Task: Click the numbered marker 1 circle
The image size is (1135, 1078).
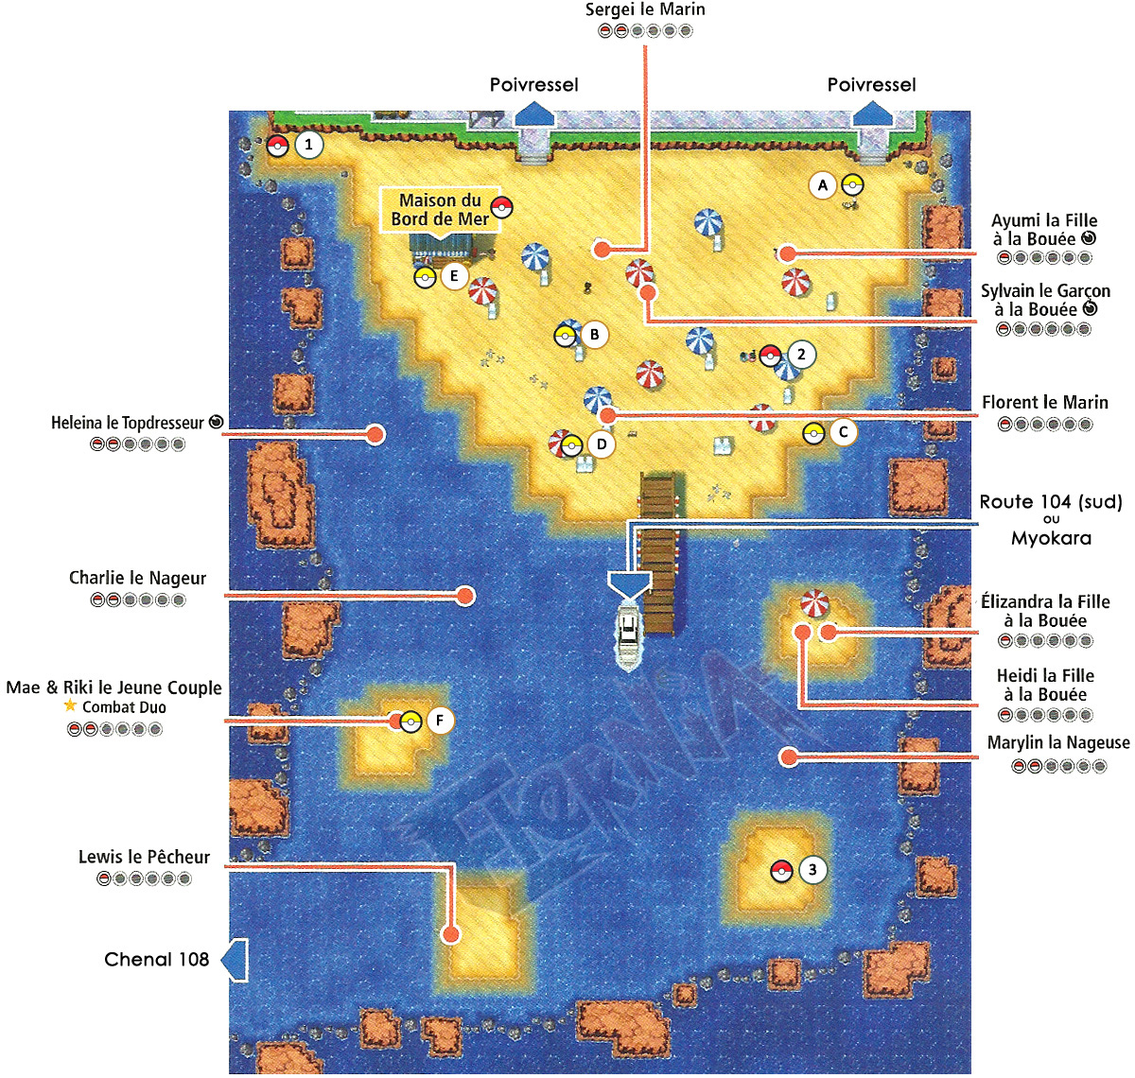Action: pos(308,145)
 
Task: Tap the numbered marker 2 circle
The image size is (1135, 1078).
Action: pos(801,355)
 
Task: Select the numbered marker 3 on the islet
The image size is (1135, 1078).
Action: pos(812,870)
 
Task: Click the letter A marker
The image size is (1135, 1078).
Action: pos(823,185)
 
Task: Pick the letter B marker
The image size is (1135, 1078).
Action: pos(594,334)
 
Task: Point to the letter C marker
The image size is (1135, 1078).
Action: pos(843,433)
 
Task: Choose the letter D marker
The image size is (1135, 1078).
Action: pos(601,443)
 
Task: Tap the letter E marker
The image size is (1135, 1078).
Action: pos(454,276)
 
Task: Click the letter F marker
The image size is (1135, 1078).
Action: pos(439,721)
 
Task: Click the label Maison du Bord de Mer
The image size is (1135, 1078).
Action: pos(440,210)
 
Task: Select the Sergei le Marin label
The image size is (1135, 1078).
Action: pos(645,10)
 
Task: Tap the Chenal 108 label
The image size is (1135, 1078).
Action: pos(156,960)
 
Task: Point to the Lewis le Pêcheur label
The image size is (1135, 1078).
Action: pos(144,858)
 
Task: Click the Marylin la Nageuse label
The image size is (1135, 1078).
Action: pos(1058,743)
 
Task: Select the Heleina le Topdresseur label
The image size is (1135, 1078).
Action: pos(128,423)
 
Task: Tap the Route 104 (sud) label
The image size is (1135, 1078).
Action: pos(1051,502)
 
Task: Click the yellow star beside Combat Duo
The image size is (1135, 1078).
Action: pos(70,706)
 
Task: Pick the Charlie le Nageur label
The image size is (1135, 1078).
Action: pos(137,578)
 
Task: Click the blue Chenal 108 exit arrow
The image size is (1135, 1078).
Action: pos(235,960)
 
